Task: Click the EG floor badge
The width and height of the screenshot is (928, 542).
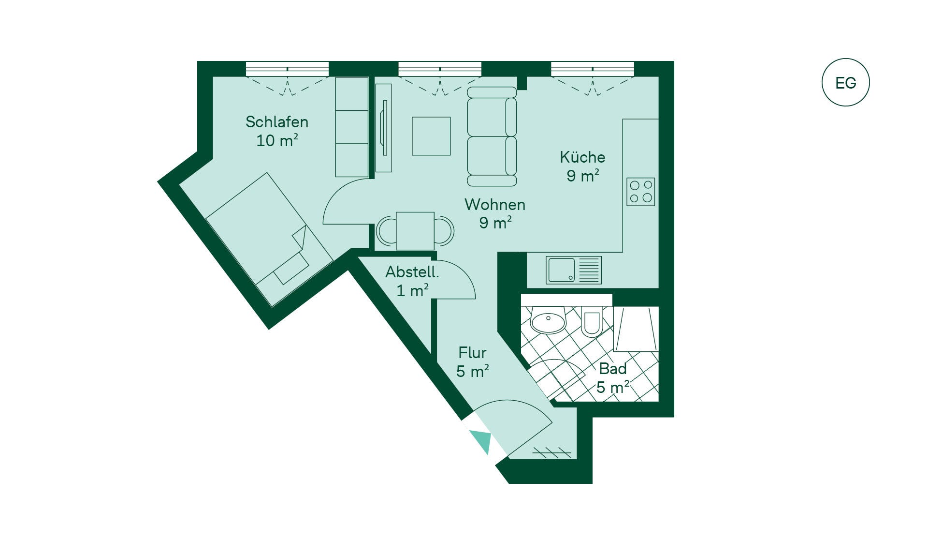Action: [845, 82]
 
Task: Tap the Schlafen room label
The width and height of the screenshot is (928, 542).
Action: [277, 121]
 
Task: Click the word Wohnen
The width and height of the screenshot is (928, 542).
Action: [495, 204]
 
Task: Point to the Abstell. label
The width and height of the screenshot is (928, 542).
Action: [412, 272]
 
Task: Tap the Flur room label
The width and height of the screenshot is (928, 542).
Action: [472, 352]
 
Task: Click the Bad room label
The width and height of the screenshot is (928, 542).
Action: [613, 369]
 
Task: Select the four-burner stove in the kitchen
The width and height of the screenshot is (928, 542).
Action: [641, 192]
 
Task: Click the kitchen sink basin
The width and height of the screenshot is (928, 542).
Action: [562, 270]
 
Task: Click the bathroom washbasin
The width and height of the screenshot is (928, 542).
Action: [548, 320]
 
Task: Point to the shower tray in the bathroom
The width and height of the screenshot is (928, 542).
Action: [636, 329]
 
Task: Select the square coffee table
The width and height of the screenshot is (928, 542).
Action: [431, 136]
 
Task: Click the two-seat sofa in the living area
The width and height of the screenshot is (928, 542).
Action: [492, 136]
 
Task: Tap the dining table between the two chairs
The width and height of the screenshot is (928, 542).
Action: [415, 231]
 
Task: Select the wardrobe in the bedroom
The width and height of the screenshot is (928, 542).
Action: [352, 127]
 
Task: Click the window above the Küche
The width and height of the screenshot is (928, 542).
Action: [593, 69]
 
